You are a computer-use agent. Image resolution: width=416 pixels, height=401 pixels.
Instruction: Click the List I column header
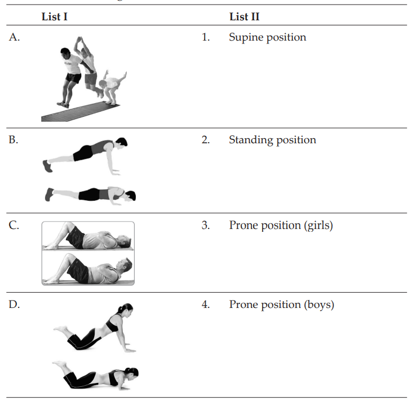tap(55, 17)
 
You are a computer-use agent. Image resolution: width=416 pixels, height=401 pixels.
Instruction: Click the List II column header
tap(244, 17)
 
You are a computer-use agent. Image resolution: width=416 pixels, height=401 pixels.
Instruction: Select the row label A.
tap(14, 38)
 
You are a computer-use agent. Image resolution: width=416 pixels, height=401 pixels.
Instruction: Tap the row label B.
tap(14, 140)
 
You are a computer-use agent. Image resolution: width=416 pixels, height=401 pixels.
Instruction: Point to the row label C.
tap(14, 226)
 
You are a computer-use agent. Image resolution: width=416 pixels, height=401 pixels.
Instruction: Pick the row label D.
tap(14, 305)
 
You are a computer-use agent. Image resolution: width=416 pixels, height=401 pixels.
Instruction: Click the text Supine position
tap(267, 38)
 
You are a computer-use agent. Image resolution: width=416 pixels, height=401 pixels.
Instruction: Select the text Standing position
tap(272, 140)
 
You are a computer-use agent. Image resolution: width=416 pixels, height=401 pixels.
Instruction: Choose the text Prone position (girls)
tap(281, 225)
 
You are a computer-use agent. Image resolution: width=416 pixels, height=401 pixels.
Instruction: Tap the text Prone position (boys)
tap(281, 305)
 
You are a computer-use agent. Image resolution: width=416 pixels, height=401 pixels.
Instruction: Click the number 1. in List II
tap(206, 38)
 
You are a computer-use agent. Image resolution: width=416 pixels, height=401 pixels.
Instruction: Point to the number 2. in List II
tap(206, 140)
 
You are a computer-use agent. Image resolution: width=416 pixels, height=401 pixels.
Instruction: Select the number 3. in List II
tap(206, 226)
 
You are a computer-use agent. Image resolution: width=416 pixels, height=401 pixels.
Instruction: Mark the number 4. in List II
tap(206, 305)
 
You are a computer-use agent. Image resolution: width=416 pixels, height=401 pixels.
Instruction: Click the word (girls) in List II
tap(317, 226)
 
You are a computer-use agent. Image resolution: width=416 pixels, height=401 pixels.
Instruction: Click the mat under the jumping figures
tap(79, 113)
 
